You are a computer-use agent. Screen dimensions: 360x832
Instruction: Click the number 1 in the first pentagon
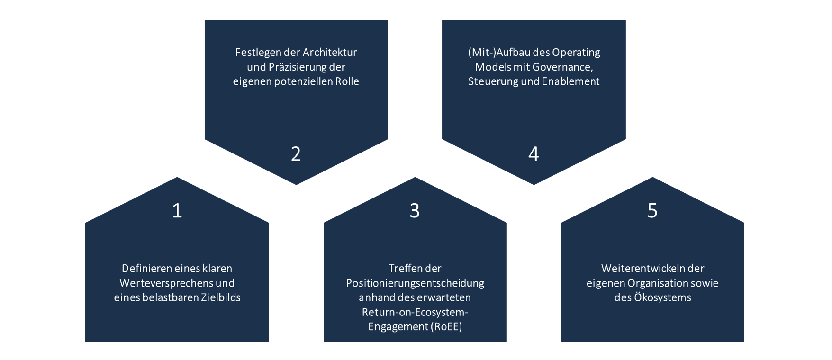pos(177,211)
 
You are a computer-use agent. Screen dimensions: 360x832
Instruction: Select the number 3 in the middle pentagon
pos(415,211)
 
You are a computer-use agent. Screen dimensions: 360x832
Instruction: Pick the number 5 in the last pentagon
pos(652,211)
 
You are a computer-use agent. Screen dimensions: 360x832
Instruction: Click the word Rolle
pos(347,81)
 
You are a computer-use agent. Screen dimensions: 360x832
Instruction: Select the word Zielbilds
pos(220,297)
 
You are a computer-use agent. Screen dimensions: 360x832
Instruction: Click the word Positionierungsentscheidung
pos(415,283)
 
